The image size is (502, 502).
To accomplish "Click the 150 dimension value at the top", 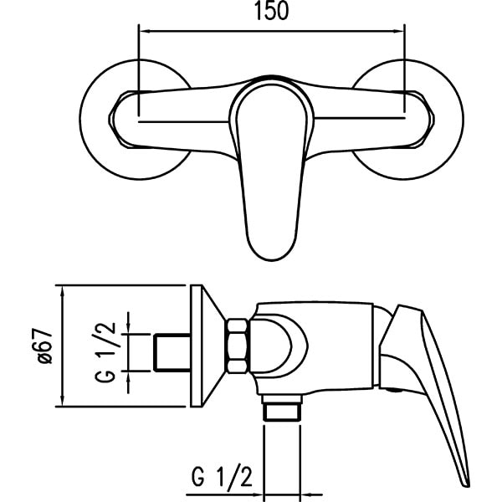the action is point(271,11).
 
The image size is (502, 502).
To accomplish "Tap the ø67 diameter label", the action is point(44,346).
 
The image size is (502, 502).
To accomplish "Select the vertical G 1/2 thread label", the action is point(105,352).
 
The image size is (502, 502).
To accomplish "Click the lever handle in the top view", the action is point(271,170).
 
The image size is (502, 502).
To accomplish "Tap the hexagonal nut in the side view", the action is point(238,346).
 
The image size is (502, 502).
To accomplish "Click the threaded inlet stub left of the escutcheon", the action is point(172,352).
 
